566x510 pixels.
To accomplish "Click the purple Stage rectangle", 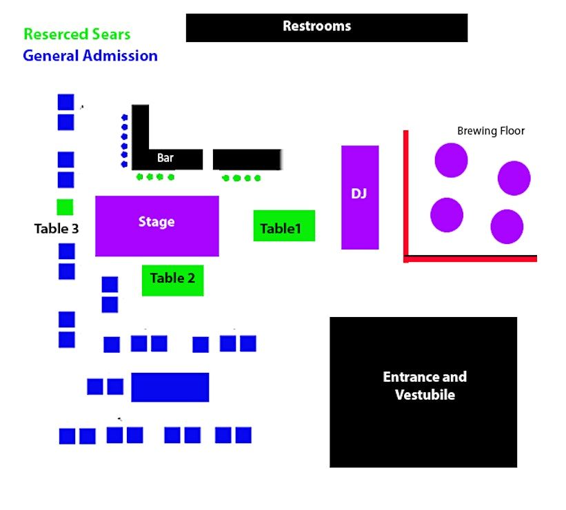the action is (x=157, y=226).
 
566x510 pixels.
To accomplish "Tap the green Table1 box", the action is (x=284, y=225).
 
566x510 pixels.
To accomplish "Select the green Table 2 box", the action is (x=172, y=280).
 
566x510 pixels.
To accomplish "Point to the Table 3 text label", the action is (x=57, y=229).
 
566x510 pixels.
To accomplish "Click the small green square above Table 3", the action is (x=65, y=207).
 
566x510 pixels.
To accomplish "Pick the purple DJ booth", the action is (x=360, y=197).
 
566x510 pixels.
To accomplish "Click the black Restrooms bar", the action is (x=327, y=28).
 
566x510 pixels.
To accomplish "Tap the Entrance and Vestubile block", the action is (x=423, y=392).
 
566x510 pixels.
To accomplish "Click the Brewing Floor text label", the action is (x=491, y=131).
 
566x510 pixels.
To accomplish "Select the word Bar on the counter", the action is (x=165, y=158).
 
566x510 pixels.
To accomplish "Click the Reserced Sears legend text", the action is (x=77, y=34).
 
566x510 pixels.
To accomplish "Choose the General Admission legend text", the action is (x=90, y=56).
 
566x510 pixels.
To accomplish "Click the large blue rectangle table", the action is (x=170, y=387).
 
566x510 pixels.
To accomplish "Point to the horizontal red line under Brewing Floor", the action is (x=470, y=258).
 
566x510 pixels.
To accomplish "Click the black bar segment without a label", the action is (x=247, y=159).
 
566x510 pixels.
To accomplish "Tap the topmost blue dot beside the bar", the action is (x=125, y=117).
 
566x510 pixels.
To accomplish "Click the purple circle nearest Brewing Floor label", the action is (x=451, y=161).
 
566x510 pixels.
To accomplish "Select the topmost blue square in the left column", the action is (x=65, y=102).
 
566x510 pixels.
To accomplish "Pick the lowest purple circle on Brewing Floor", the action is (x=507, y=227).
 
